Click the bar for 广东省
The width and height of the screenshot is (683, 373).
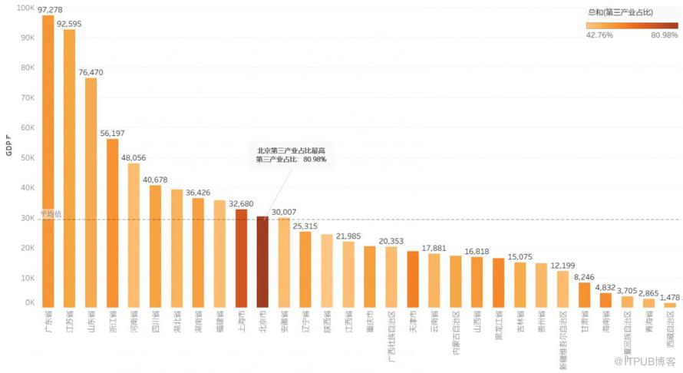point(48,161)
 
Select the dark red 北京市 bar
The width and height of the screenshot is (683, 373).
point(262,262)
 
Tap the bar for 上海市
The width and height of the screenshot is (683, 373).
point(241,258)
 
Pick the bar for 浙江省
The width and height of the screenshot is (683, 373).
point(112,223)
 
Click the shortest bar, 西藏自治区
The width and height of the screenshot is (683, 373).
point(670,305)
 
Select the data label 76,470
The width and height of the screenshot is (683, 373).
point(91,72)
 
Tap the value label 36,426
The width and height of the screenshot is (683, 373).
point(198,192)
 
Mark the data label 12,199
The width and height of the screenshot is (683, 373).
point(563,265)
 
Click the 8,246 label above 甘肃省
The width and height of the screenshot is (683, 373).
point(584,277)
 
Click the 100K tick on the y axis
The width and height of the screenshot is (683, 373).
point(25,8)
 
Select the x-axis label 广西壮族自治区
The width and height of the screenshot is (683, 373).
point(391,335)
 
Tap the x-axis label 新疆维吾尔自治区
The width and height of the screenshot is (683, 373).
point(563,338)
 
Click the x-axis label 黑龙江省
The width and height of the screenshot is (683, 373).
point(499,325)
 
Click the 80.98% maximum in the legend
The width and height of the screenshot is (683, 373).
point(664,35)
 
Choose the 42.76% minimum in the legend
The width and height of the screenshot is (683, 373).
point(599,35)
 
